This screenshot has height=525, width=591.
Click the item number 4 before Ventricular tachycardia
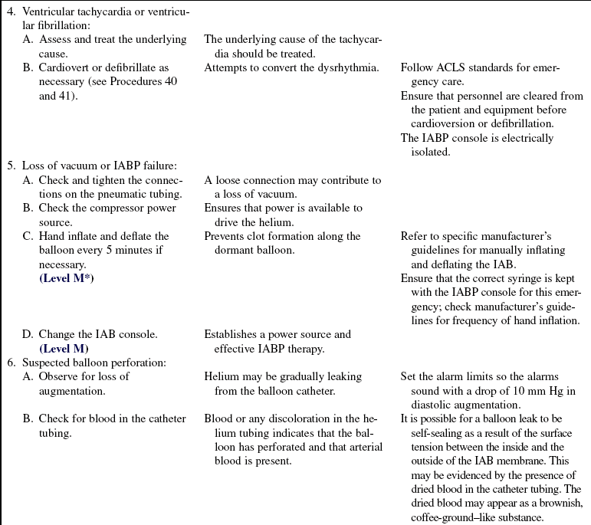point(10,12)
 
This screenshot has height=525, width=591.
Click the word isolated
point(430,152)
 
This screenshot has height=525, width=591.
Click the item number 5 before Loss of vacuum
point(10,166)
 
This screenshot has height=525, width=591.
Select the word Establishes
point(235,334)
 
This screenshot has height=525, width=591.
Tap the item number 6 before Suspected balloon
point(10,362)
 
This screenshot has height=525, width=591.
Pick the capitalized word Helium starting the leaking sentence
point(222,376)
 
